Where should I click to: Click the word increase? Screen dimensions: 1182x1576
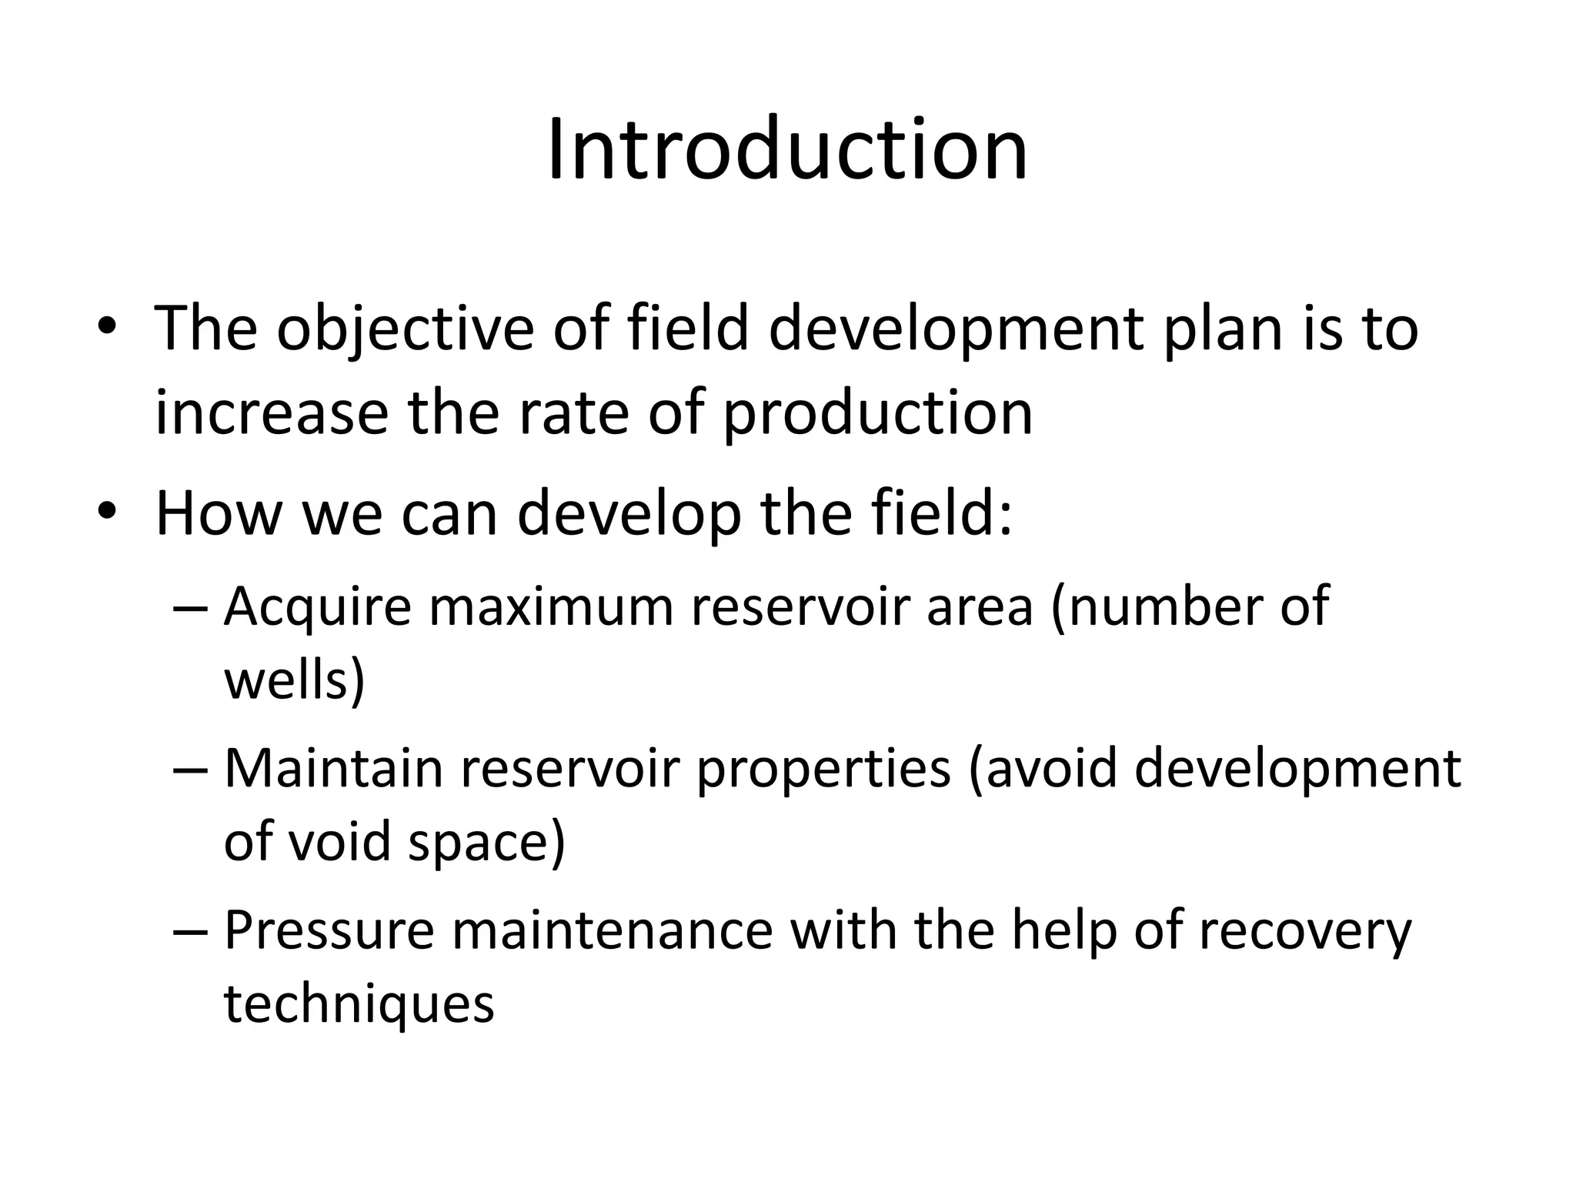[x=272, y=413]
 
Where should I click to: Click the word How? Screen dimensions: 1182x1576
[x=218, y=513]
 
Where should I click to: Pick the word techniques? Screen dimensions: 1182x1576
[x=359, y=1005]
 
